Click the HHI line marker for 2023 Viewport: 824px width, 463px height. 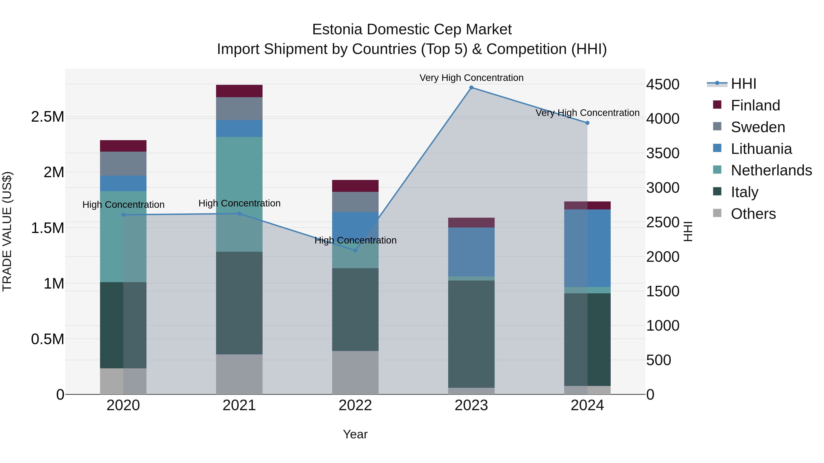pos(471,88)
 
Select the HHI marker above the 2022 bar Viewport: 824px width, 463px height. pos(355,251)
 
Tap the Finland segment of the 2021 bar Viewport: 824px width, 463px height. pos(239,91)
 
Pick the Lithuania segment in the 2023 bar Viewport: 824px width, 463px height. pos(471,252)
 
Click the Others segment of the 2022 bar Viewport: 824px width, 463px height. pos(355,373)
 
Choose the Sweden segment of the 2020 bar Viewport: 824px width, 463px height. pos(123,164)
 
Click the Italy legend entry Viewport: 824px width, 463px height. pos(744,192)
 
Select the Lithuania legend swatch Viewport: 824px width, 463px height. pos(717,148)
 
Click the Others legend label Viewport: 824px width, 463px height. pos(753,214)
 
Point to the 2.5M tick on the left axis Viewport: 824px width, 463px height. pos(48,117)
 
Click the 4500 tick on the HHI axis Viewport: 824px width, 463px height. pos(662,84)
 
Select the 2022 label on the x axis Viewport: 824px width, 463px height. pos(355,405)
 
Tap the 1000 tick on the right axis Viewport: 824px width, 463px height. pos(662,326)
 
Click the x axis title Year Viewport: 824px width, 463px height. pos(355,434)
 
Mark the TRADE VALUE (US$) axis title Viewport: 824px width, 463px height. pos(7,231)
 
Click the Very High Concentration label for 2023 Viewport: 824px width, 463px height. pos(471,78)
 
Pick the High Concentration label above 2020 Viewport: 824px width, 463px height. pos(123,204)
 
